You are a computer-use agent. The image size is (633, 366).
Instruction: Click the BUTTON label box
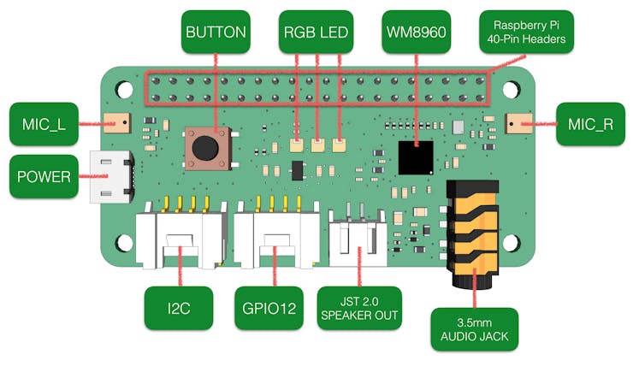pos(216,33)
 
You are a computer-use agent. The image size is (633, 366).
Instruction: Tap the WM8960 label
pos(417,33)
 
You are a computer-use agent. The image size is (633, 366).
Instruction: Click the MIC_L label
pos(43,125)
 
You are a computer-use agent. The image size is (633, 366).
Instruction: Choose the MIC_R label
pos(591,125)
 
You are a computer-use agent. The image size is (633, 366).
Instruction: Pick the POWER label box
pos(44,177)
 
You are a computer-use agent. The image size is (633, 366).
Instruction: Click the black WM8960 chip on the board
pos(417,156)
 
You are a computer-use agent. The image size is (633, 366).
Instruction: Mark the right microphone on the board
pos(518,124)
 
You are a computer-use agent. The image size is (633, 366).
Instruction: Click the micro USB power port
pos(112,178)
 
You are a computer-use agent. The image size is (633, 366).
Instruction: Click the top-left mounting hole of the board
pos(125,88)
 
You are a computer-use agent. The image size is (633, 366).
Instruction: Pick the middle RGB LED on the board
pos(318,145)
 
